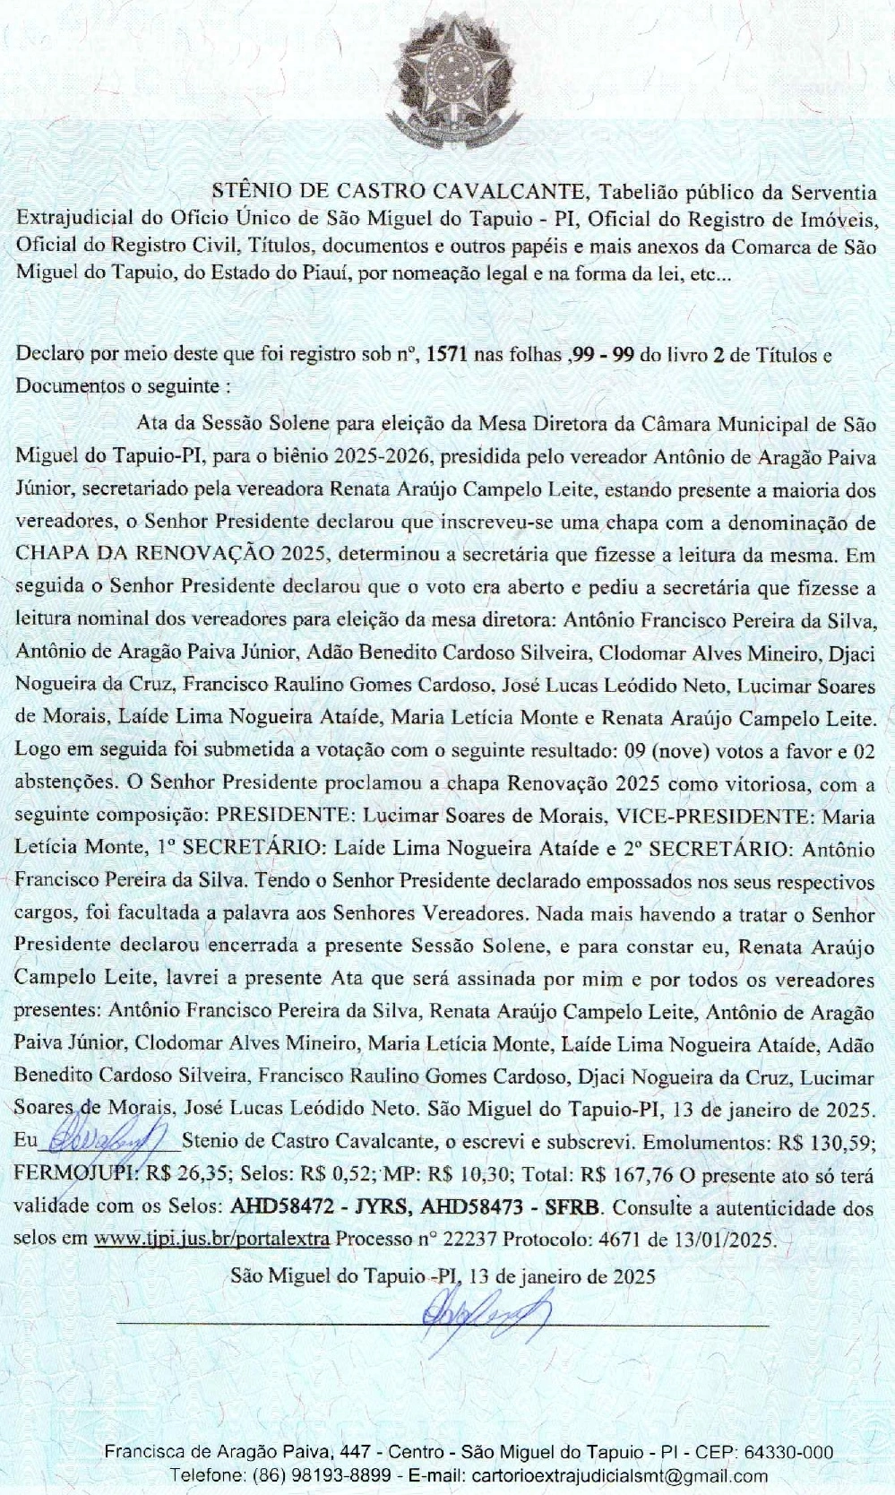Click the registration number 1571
pos(446,354)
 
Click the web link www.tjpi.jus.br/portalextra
pos(212,1240)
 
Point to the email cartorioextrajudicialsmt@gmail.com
pos(620,1475)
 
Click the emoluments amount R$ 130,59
pos(825,1142)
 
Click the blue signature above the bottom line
pos(484,1314)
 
